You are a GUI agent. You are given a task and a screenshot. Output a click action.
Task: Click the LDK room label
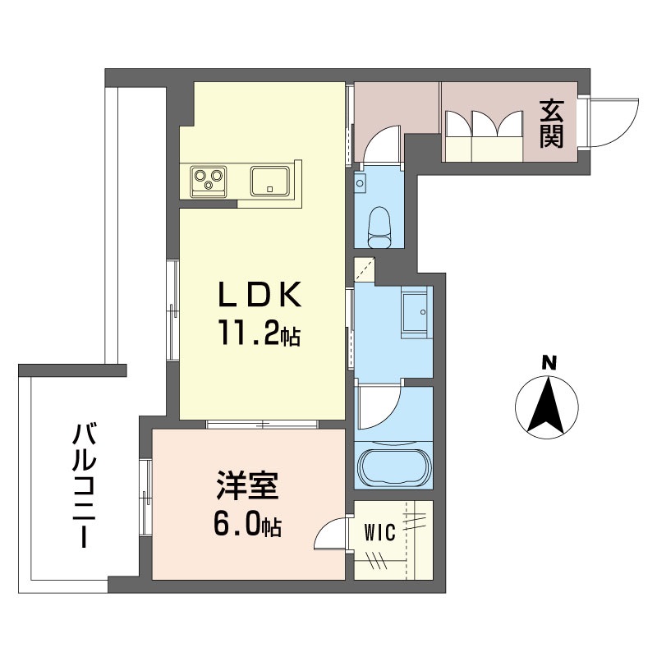[260, 294]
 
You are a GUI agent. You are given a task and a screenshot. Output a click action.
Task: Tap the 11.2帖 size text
[258, 332]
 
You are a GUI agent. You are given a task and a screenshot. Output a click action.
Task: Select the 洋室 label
[248, 485]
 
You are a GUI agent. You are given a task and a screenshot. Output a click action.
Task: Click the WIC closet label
[379, 533]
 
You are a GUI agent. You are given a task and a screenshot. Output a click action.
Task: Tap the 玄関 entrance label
[551, 123]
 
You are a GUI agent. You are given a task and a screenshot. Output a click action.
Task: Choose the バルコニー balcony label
[85, 485]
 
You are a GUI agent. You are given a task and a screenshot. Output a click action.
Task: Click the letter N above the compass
[549, 363]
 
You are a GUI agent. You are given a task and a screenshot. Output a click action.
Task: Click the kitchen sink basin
[270, 181]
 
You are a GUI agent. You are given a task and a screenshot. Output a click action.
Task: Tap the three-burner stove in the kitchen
[209, 181]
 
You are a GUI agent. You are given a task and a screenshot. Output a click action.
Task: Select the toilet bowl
[379, 227]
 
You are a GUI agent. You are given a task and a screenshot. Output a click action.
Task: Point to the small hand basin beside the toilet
[360, 182]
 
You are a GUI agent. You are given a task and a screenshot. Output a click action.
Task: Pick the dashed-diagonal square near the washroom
[364, 270]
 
